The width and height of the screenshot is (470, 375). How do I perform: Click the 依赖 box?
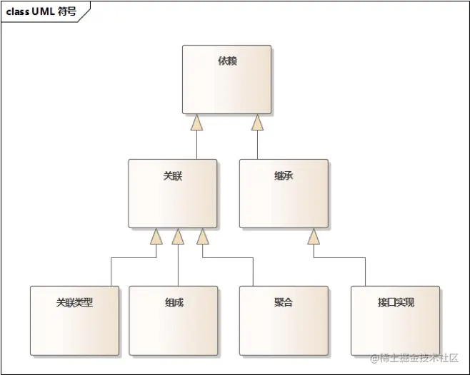[x=226, y=79]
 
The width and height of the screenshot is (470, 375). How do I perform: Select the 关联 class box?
[x=172, y=193]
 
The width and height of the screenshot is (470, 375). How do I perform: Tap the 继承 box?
[x=284, y=193]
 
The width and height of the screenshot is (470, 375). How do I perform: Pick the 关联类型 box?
[x=74, y=320]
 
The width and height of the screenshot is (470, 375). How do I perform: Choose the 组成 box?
[x=173, y=320]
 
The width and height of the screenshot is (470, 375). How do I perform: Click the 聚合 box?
[x=284, y=320]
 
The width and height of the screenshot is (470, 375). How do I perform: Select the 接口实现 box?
[x=395, y=320]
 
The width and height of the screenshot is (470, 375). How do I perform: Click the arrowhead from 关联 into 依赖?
[x=196, y=123]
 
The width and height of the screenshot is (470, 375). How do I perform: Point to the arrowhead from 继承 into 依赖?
[x=257, y=123]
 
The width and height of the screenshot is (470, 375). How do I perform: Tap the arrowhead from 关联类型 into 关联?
[x=156, y=237]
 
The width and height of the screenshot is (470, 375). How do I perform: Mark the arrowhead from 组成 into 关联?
[x=178, y=237]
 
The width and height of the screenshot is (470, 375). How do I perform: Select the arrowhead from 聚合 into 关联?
[x=203, y=237]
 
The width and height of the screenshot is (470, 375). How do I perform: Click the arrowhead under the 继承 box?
[x=313, y=237]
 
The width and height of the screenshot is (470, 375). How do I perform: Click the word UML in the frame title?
[x=44, y=11]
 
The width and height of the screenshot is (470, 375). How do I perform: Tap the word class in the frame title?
[x=18, y=11]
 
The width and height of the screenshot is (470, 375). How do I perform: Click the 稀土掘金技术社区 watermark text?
[x=418, y=357]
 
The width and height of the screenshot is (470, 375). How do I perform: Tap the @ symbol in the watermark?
[x=373, y=357]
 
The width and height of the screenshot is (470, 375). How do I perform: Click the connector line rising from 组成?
[x=178, y=267]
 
